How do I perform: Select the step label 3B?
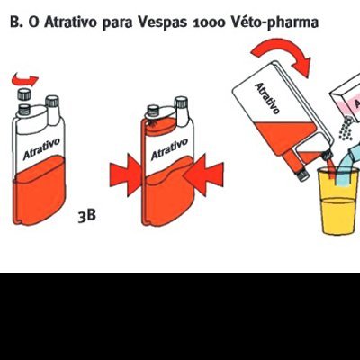click(86, 217)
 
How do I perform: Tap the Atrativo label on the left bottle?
click(43, 148)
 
